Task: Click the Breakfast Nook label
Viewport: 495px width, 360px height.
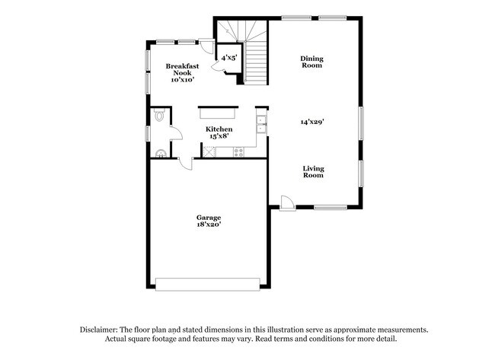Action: tap(183, 69)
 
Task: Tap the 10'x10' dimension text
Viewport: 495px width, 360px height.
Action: tap(183, 79)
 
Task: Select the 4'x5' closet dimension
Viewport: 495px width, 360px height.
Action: tap(228, 57)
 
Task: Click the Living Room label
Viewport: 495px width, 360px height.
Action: tap(313, 172)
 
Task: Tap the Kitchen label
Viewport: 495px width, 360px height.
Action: tap(219, 129)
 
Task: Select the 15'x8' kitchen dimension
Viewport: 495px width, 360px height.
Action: tap(219, 137)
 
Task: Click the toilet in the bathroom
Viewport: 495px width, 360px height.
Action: tap(158, 116)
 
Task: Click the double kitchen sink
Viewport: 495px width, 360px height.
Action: tap(261, 124)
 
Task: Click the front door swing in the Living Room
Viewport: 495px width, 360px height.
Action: tap(286, 202)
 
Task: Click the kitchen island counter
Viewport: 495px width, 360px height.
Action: tap(219, 113)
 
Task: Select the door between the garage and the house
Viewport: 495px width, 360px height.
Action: tap(185, 163)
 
